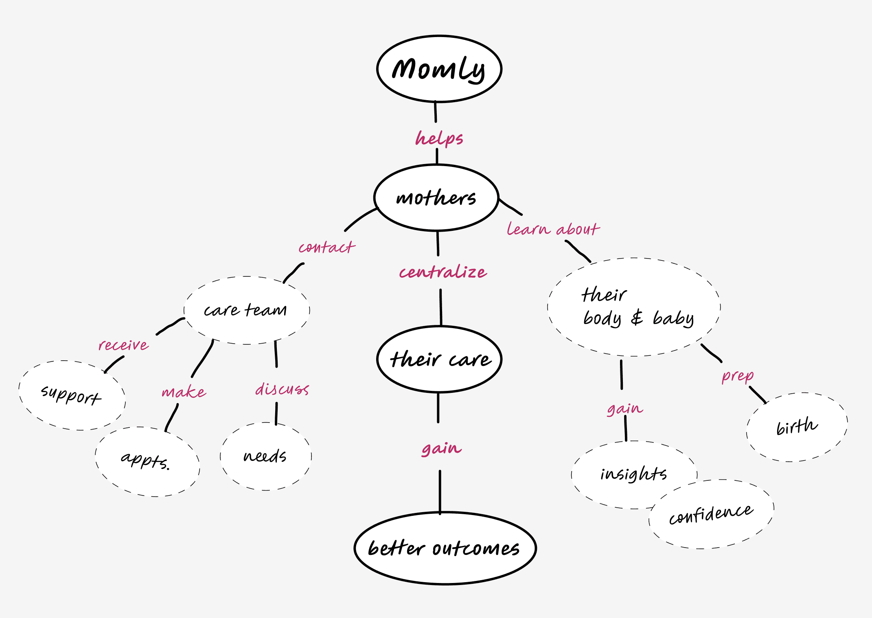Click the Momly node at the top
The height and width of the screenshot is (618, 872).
439,68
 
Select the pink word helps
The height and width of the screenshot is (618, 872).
439,138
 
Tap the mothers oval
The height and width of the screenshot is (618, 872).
436,198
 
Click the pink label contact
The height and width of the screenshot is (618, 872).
326,247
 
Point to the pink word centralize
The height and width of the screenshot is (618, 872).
443,272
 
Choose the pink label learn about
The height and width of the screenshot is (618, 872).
553,229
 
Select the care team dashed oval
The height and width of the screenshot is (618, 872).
246,310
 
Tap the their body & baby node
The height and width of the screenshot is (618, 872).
633,307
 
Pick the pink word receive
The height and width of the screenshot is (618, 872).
123,345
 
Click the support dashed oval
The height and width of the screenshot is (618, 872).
72,395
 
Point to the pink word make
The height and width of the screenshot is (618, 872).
184,392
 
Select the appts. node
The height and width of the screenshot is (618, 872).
147,461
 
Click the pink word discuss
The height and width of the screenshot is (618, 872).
282,389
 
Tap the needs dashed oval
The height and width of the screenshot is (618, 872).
265,456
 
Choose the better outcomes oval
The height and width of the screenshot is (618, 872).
445,548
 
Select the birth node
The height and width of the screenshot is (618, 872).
797,427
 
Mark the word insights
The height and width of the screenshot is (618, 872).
633,474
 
